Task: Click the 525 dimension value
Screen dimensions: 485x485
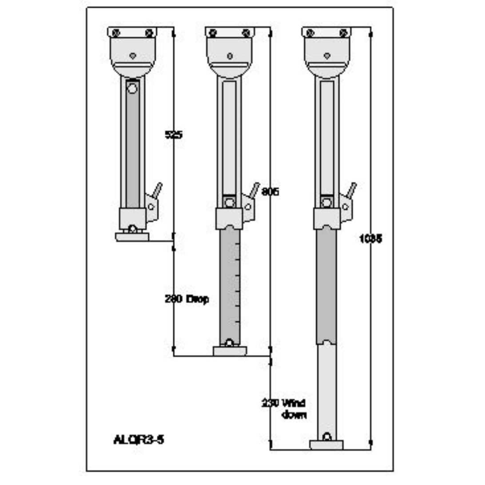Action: point(174,135)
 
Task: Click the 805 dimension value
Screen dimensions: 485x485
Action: point(270,192)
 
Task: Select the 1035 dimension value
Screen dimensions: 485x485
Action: point(370,239)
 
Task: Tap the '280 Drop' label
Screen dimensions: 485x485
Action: point(186,299)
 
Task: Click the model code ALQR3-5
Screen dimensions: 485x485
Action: point(139,440)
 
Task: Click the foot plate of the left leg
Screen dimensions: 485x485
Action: point(132,237)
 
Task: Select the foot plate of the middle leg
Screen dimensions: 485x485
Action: point(230,351)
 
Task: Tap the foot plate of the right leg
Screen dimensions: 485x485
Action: point(326,445)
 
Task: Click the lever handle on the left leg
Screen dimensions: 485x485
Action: point(157,190)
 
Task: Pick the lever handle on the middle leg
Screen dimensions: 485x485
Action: point(254,190)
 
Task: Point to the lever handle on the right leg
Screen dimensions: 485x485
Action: point(351,190)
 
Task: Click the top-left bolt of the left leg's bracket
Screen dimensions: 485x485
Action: point(116,33)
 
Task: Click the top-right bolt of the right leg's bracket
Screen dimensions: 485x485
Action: point(343,33)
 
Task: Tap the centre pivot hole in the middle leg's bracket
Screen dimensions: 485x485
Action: point(230,56)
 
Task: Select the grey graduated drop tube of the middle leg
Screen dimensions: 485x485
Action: point(230,284)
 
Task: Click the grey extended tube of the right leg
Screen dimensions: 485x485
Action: point(326,284)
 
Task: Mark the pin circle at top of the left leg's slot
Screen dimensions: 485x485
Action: point(132,88)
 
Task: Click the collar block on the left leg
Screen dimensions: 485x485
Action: point(132,218)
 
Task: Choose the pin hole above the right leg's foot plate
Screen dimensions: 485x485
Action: point(327,437)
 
